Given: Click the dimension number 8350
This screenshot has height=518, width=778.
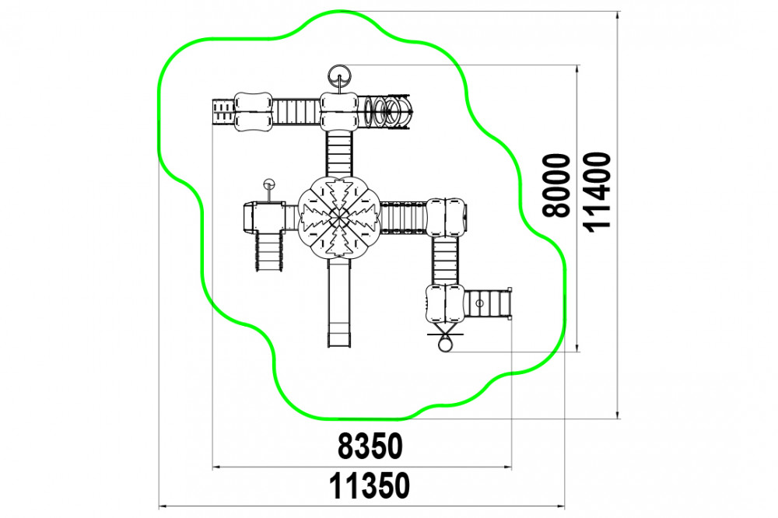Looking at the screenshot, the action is [370, 446].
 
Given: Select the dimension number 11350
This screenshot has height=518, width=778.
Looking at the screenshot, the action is [370, 486].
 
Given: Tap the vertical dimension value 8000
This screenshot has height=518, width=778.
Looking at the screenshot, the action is [556, 186].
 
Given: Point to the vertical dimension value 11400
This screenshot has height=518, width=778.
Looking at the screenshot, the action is [597, 191].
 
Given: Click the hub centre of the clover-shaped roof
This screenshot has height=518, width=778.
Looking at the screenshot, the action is [339, 217].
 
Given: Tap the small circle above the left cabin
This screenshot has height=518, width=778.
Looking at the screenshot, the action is [269, 184].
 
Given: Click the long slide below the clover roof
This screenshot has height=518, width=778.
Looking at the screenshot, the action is [339, 302].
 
